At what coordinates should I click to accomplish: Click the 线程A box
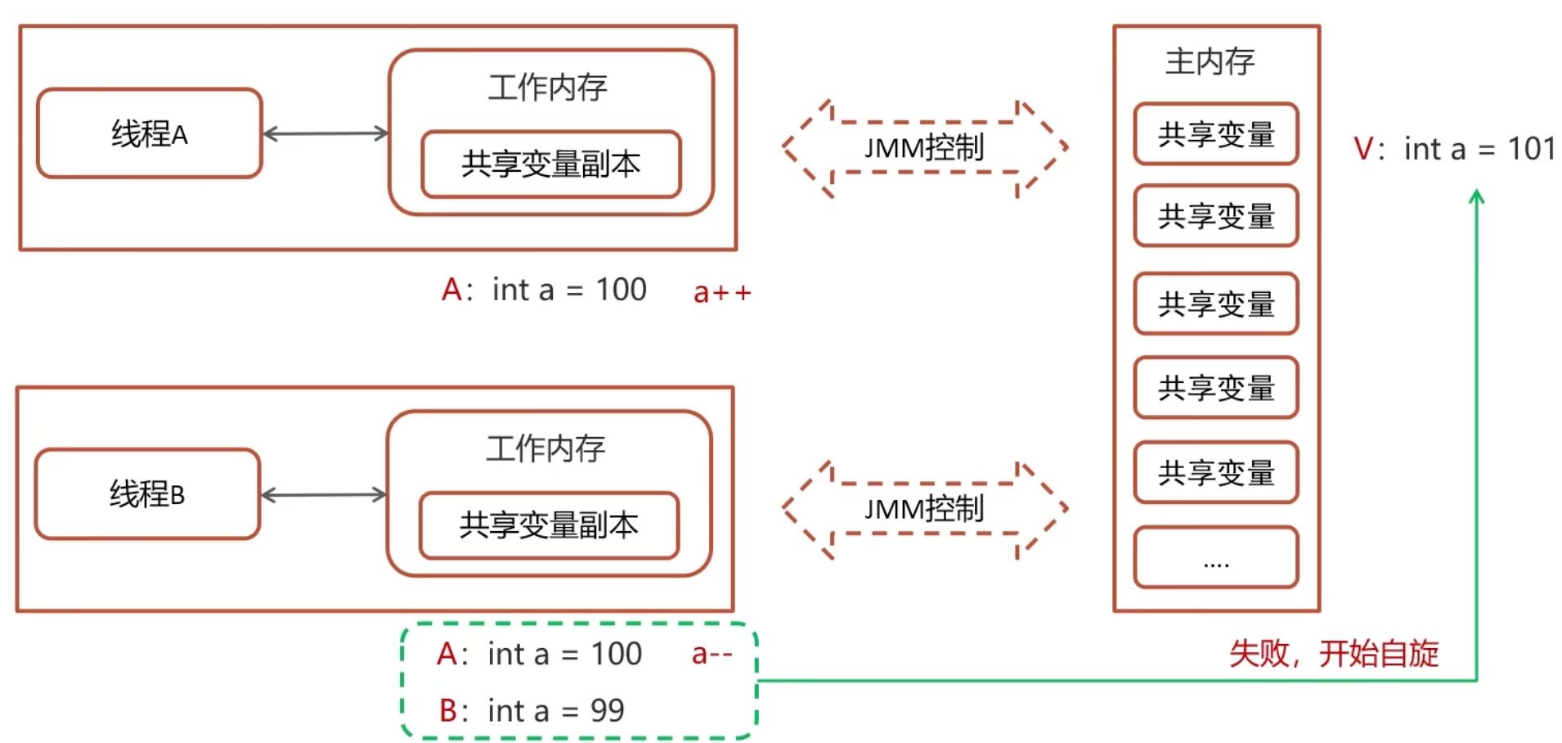click(150, 133)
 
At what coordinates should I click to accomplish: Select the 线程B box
click(147, 493)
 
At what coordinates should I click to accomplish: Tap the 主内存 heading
click(1210, 62)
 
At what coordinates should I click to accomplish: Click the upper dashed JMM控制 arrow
click(924, 148)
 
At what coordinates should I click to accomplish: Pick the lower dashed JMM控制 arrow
click(924, 509)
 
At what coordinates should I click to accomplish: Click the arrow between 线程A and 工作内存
click(325, 133)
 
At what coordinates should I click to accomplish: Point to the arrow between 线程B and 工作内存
click(323, 494)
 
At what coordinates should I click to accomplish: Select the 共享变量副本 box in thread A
click(550, 164)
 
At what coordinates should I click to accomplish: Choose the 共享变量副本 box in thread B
click(549, 525)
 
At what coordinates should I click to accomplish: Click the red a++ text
click(721, 292)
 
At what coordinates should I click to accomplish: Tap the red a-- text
click(711, 654)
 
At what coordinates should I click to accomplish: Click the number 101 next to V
click(1531, 149)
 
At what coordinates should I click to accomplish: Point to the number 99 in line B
click(607, 710)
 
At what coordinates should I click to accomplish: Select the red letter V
click(1363, 149)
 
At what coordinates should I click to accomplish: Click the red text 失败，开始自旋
click(1334, 654)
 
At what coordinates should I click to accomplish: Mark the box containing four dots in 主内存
click(1216, 557)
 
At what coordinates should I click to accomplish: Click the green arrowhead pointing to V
click(1476, 197)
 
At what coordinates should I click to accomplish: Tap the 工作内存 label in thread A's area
click(547, 88)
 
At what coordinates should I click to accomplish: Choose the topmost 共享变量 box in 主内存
click(1216, 134)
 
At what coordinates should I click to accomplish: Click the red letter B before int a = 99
click(449, 710)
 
